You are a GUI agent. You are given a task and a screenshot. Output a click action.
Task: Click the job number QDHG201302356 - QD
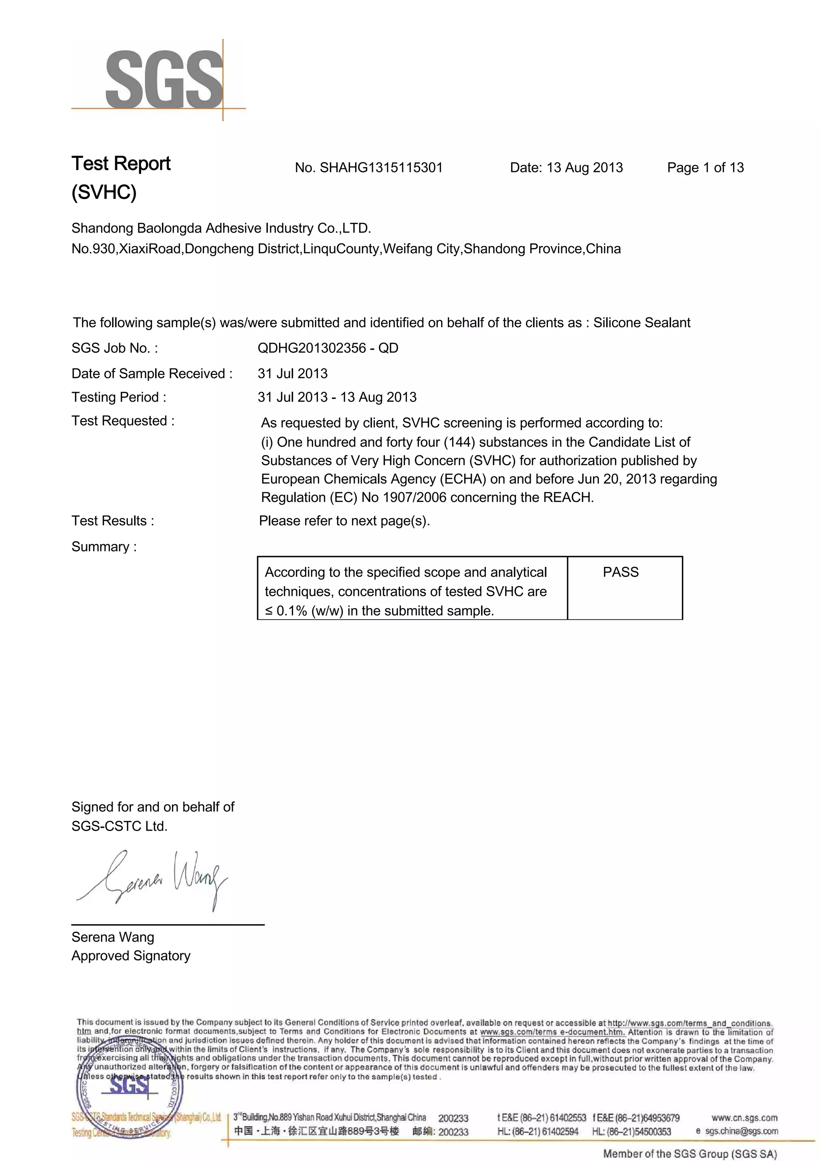click(x=328, y=348)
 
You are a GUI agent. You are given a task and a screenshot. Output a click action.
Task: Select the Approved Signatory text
click(x=131, y=955)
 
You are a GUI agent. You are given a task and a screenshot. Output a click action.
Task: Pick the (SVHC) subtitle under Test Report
click(x=104, y=192)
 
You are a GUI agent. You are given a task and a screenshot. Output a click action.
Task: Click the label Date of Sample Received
click(x=152, y=373)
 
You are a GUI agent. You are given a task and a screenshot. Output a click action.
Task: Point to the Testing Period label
click(x=119, y=397)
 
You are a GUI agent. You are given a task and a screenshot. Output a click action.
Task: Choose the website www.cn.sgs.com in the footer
click(x=744, y=1118)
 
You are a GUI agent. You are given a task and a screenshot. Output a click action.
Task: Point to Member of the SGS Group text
click(x=690, y=1153)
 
